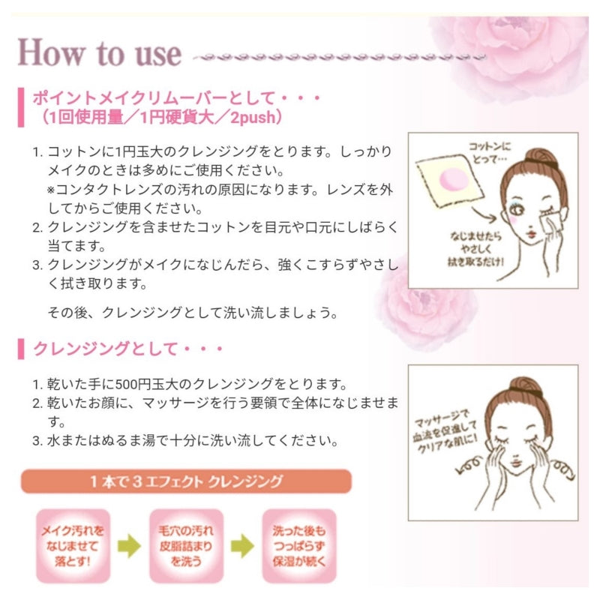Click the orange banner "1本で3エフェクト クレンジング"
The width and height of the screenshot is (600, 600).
pyautogui.click(x=187, y=481)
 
